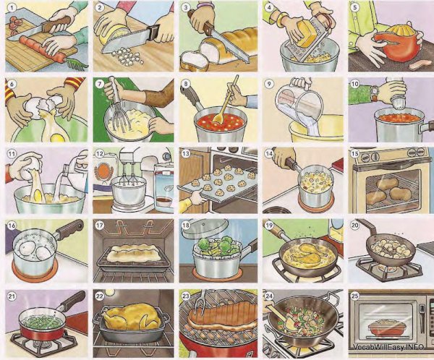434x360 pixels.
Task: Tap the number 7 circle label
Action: pos(100,84)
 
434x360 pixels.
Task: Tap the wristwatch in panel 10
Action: pos(375,93)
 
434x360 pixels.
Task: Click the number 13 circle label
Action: pos(185,153)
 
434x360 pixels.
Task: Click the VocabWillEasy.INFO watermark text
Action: pos(388,347)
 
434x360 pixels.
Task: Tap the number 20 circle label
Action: pos(355,226)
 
